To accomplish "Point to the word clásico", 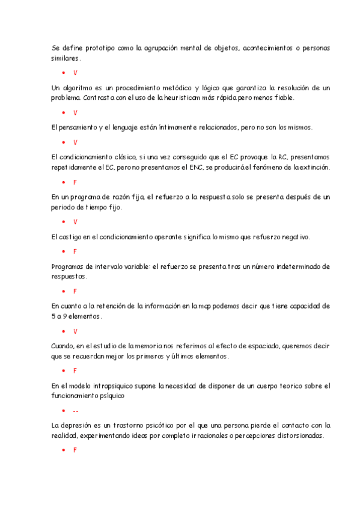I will click(x=120, y=156).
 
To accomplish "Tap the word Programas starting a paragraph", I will click(x=70, y=266).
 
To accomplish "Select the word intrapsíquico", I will click(x=114, y=386).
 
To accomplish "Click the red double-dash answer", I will click(x=75, y=411).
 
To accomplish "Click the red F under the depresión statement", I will click(x=75, y=450).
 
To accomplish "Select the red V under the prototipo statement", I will click(x=75, y=73).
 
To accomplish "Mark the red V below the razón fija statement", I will click(x=75, y=222).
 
